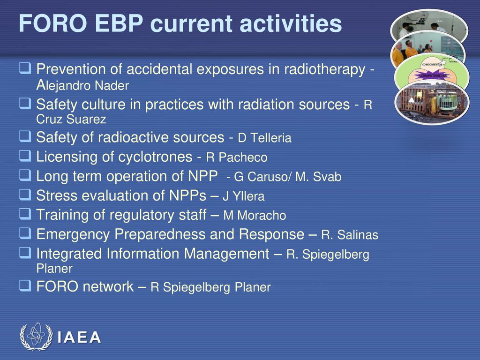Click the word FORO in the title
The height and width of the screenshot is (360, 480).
tap(53, 23)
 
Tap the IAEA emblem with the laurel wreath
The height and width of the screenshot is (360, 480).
tap(36, 337)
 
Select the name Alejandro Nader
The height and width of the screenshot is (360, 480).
tap(82, 85)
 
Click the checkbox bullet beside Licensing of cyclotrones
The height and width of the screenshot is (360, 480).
tap(25, 156)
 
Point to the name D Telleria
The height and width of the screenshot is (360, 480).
tap(264, 138)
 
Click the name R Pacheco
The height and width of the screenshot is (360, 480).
tap(237, 157)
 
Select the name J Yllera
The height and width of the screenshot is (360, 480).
tap(244, 196)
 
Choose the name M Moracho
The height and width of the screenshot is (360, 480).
tap(255, 216)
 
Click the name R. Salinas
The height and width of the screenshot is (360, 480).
tap(350, 235)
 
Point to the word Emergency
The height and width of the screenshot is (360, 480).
tap(73, 235)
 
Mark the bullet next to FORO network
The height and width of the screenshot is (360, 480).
tap(25, 285)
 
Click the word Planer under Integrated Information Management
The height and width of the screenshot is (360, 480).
tap(54, 269)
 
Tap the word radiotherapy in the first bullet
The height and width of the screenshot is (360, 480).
tap(325, 69)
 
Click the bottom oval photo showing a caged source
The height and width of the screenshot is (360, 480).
tap(432, 103)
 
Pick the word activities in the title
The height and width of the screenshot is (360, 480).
tap(291, 23)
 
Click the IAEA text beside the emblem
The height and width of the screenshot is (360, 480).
tap(79, 337)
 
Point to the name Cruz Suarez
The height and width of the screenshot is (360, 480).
tap(71, 119)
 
